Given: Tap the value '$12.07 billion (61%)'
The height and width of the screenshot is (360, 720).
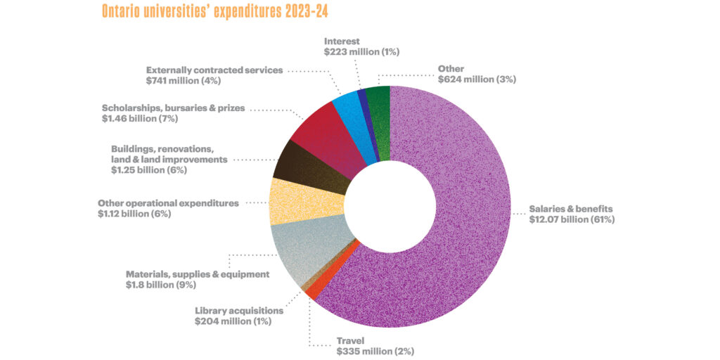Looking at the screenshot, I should pos(572,219).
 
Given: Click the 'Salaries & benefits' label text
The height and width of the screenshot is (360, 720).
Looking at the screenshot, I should pos(572,209).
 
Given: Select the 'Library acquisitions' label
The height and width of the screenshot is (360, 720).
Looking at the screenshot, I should pos(238,310).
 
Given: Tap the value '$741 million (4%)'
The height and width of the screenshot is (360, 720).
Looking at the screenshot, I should pos(184,81).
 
